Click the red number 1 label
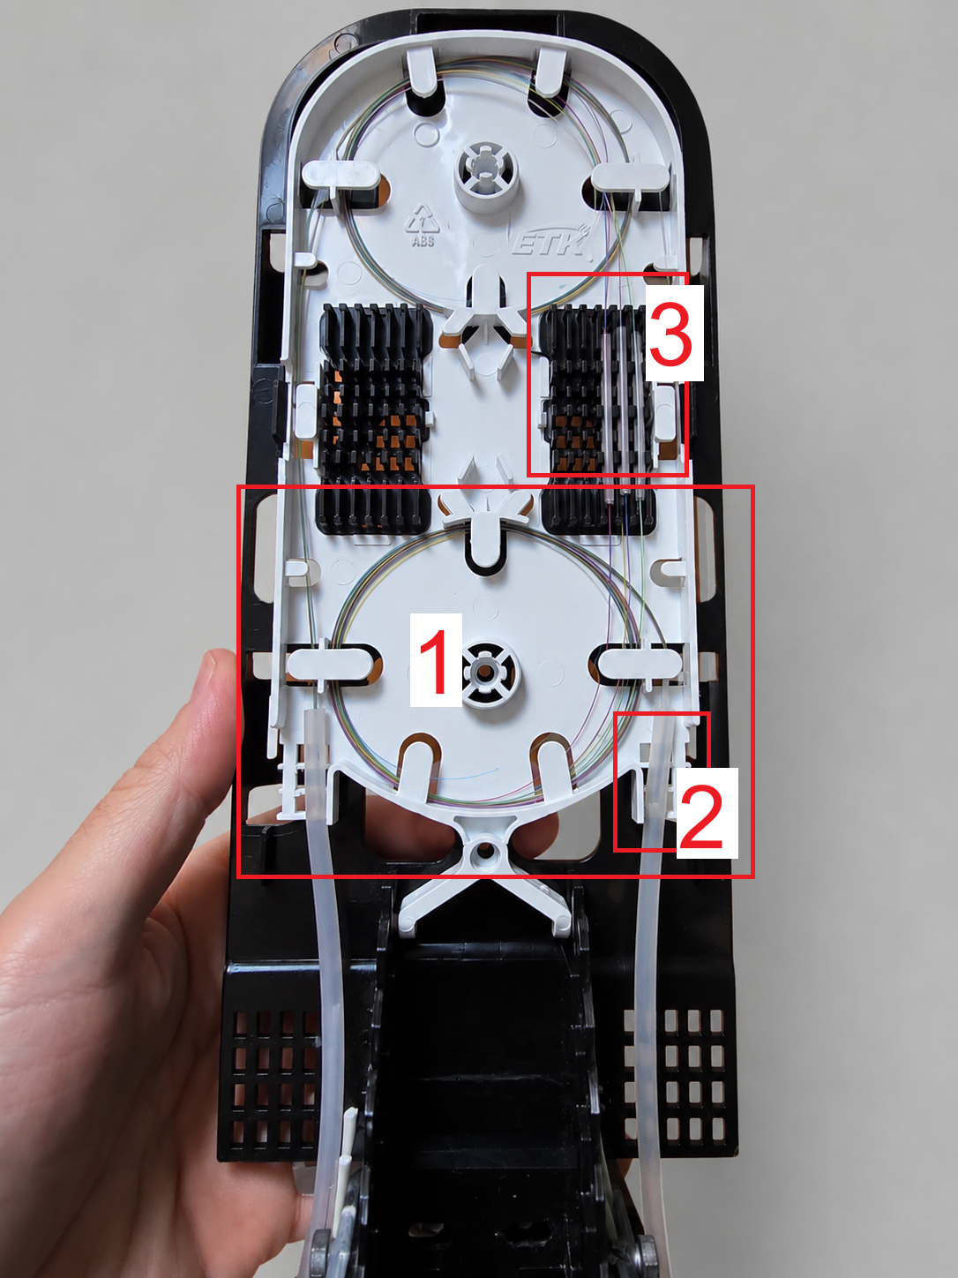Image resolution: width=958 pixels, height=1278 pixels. tap(436, 660)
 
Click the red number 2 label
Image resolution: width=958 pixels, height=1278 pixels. tap(707, 813)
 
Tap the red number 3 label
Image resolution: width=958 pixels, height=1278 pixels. tap(674, 333)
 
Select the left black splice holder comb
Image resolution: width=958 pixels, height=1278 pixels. tap(373, 418)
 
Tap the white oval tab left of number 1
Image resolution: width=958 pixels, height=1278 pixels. tap(332, 663)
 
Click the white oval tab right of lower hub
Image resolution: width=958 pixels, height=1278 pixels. tap(638, 663)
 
